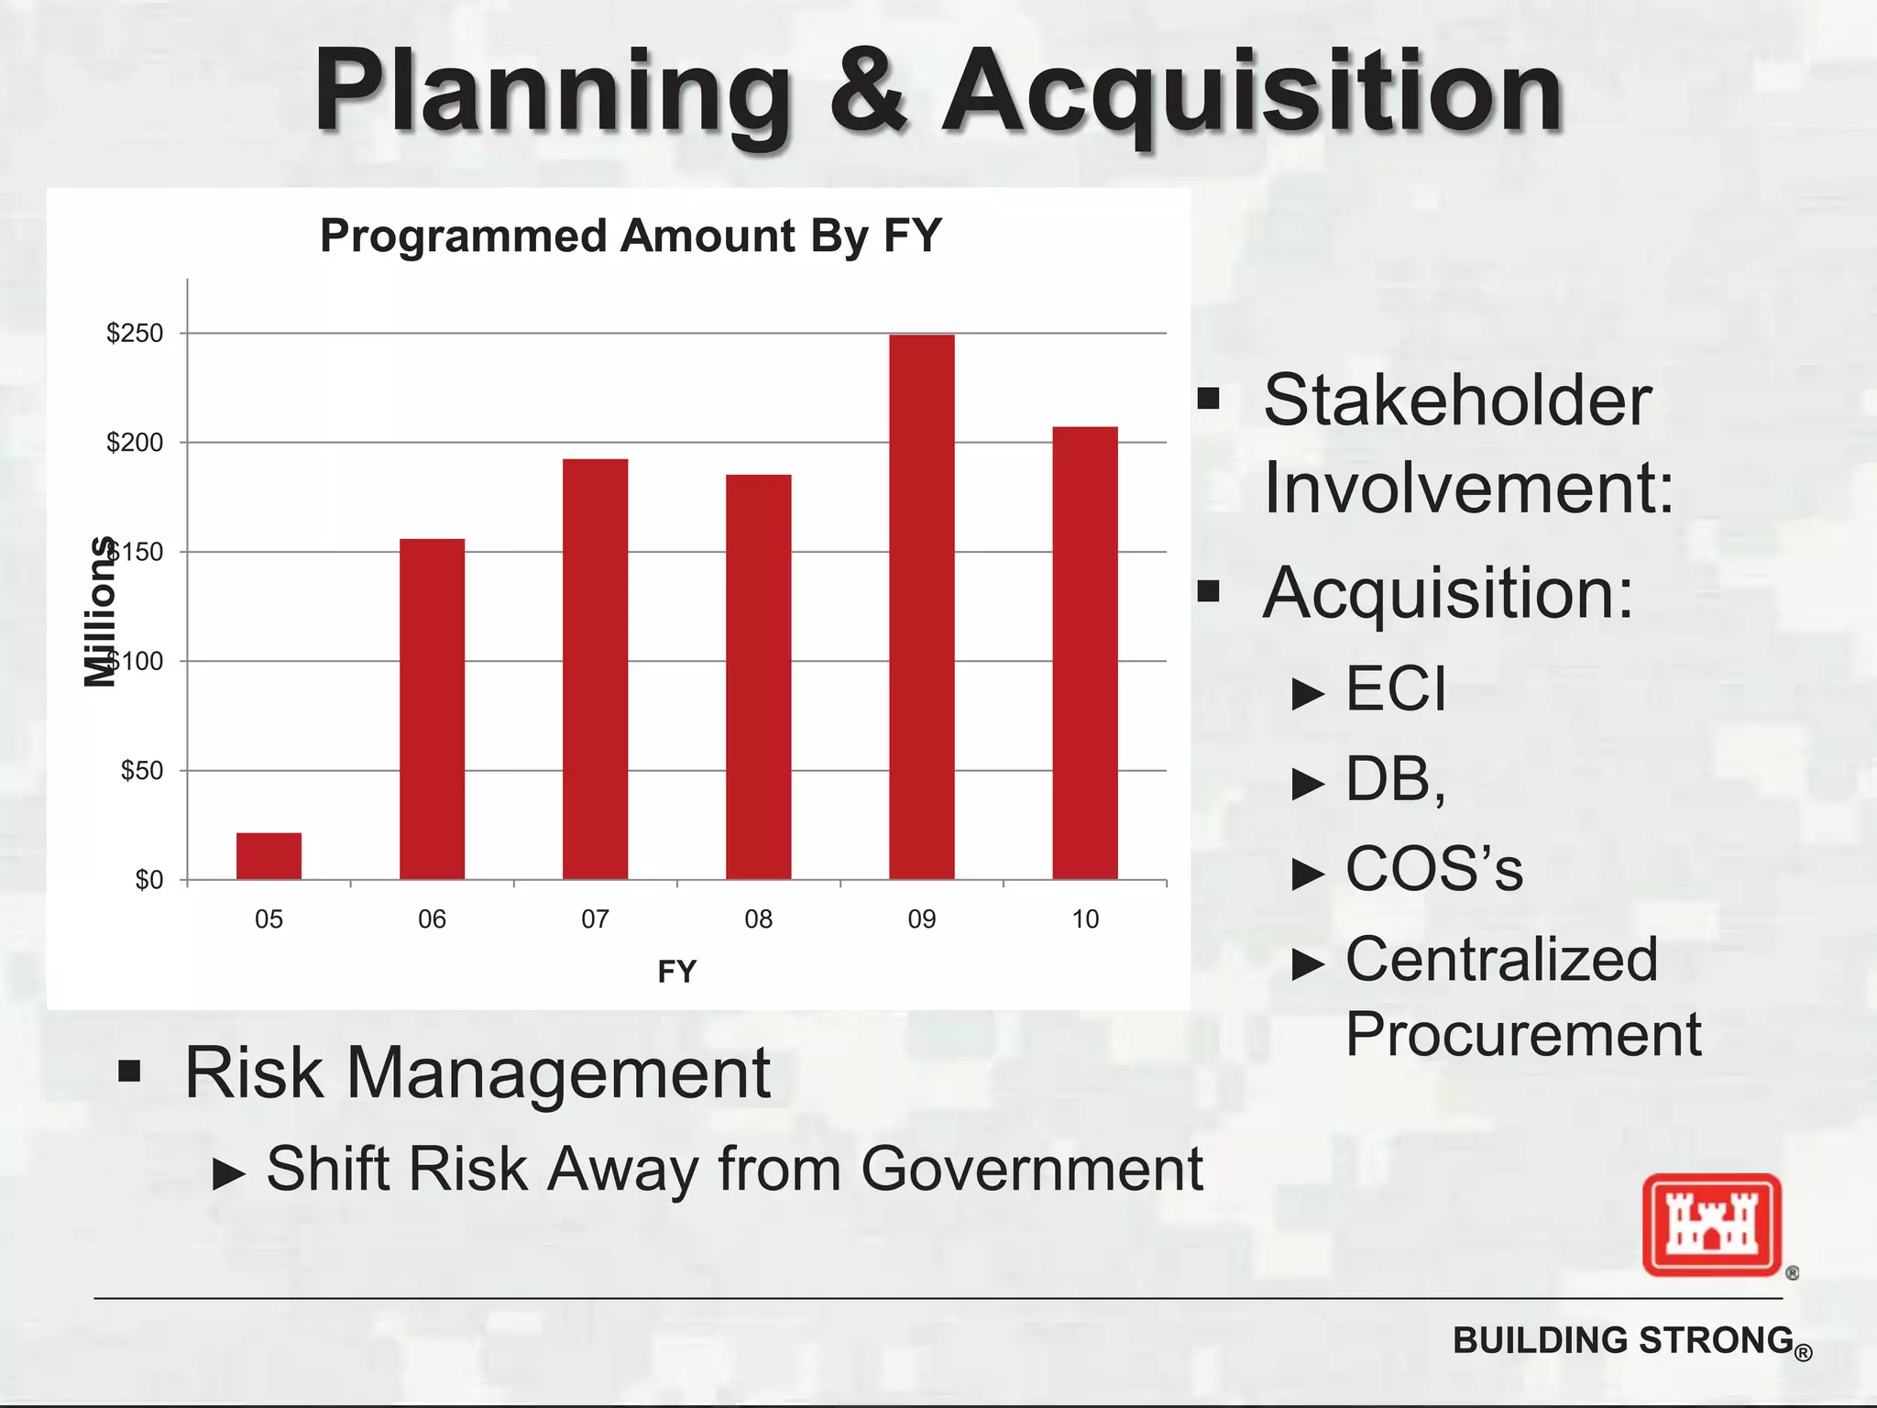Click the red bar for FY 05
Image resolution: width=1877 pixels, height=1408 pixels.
pos(269,856)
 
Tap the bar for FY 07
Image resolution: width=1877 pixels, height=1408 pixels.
pos(595,669)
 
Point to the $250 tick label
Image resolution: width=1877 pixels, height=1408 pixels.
pos(135,333)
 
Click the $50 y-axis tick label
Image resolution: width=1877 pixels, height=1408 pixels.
pos(142,770)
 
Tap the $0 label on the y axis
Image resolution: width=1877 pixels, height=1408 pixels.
pos(148,880)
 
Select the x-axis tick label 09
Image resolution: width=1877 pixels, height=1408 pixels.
pos(921,919)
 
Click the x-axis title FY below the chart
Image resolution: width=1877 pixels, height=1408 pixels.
pos(676,972)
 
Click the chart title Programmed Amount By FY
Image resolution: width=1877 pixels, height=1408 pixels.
pos(631,236)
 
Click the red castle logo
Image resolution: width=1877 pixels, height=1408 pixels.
pos(1711,1225)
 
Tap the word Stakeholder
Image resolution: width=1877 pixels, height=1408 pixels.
pos(1457,401)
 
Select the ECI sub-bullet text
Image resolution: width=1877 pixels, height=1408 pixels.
pos(1395,688)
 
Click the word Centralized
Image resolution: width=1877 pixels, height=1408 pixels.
pos(1501,959)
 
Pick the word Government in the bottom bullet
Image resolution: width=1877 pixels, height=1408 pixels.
pos(1031,1169)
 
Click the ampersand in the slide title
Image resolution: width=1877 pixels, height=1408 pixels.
pos(867,92)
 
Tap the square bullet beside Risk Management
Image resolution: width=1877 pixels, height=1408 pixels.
pos(129,1072)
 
